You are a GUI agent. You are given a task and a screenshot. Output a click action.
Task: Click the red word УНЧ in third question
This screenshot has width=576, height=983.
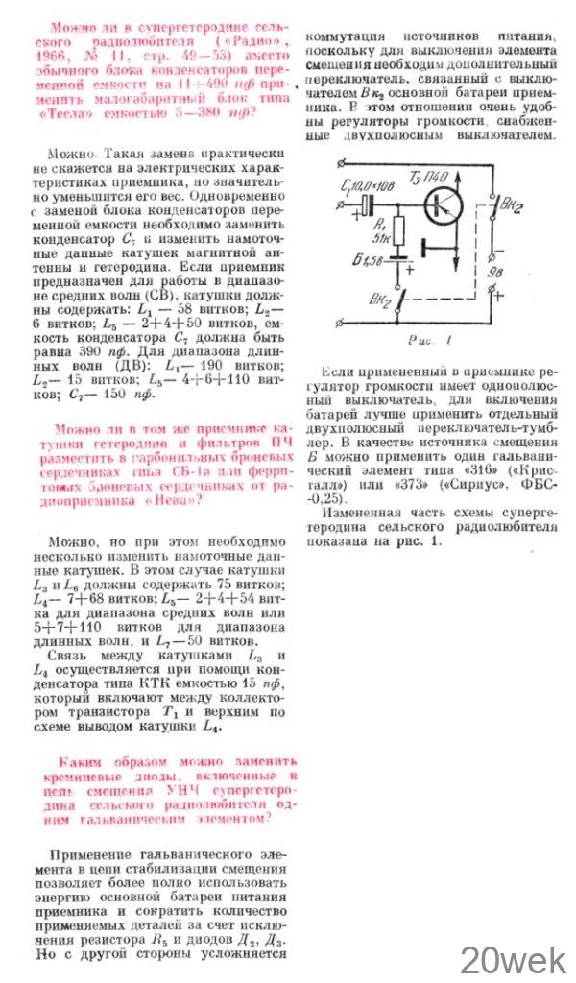[181, 787]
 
